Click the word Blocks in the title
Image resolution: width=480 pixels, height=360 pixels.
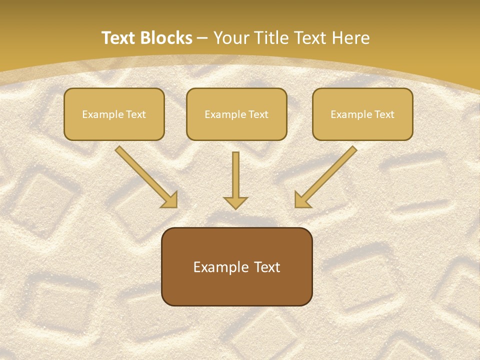(166, 38)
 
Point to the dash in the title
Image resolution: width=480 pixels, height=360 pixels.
(202, 38)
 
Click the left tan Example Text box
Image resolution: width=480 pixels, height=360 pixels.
(114, 114)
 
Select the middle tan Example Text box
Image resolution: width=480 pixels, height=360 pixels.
(236, 114)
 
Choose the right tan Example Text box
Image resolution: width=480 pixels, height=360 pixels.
(362, 114)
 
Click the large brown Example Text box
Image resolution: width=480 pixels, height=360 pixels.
(236, 266)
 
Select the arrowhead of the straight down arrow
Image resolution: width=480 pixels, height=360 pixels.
(235, 202)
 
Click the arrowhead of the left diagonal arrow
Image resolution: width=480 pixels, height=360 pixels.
(170, 200)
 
